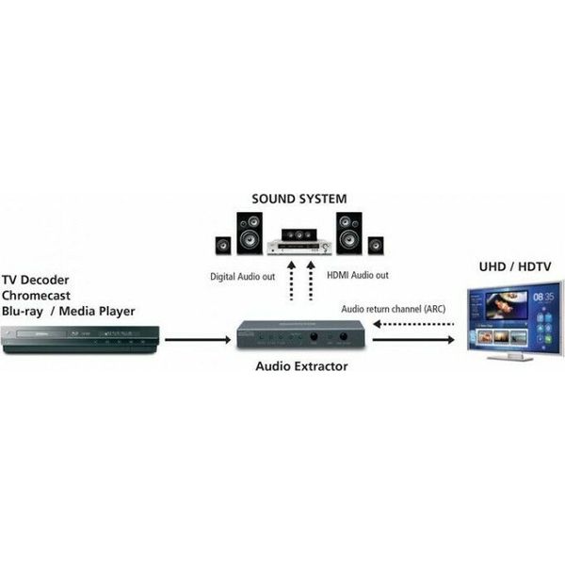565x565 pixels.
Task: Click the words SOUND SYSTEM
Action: [x=299, y=199]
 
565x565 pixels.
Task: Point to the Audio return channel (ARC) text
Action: [x=395, y=308]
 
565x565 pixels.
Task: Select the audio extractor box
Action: [x=300, y=335]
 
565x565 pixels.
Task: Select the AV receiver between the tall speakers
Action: [x=299, y=247]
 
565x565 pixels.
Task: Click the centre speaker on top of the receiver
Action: [x=299, y=233]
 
